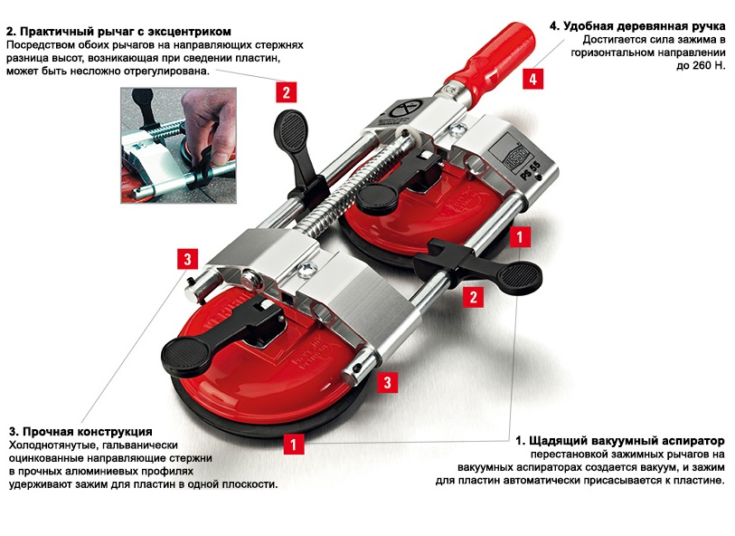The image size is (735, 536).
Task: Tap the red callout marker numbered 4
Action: pyautogui.click(x=533, y=79)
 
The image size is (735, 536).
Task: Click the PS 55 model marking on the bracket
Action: pyautogui.click(x=530, y=170)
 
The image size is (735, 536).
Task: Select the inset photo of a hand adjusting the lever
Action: pyautogui.click(x=179, y=146)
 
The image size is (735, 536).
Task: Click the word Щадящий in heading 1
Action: pyautogui.click(x=559, y=441)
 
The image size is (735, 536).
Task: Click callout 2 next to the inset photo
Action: pyautogui.click(x=286, y=92)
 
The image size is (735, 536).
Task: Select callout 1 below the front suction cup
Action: pyautogui.click(x=294, y=444)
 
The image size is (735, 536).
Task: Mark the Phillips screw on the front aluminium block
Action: pyautogui.click(x=307, y=269)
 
